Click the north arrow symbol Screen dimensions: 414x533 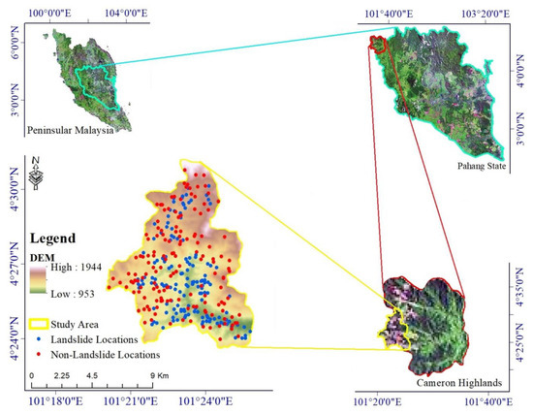click(36, 175)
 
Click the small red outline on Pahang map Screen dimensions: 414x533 click(378, 43)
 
